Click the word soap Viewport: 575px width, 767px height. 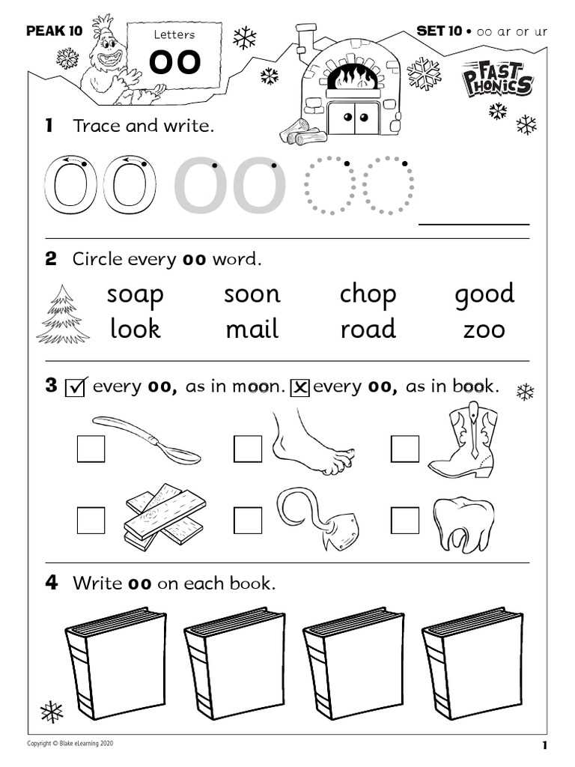[x=135, y=294]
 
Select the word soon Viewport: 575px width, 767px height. [x=252, y=294]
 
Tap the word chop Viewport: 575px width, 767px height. [x=368, y=294]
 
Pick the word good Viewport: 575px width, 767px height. [x=484, y=294]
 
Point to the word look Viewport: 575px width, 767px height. [x=135, y=329]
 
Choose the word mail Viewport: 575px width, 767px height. [x=252, y=329]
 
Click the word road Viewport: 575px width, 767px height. [x=368, y=329]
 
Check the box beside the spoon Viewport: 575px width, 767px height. [x=91, y=449]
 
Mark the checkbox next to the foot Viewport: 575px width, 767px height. [x=248, y=449]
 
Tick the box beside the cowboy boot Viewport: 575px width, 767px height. [x=405, y=449]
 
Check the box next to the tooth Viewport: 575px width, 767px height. [x=405, y=520]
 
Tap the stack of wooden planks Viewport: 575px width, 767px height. [x=163, y=517]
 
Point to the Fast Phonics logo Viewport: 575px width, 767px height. [x=497, y=79]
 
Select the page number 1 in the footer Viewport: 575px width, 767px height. [x=544, y=745]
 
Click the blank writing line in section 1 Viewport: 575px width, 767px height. [x=473, y=222]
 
